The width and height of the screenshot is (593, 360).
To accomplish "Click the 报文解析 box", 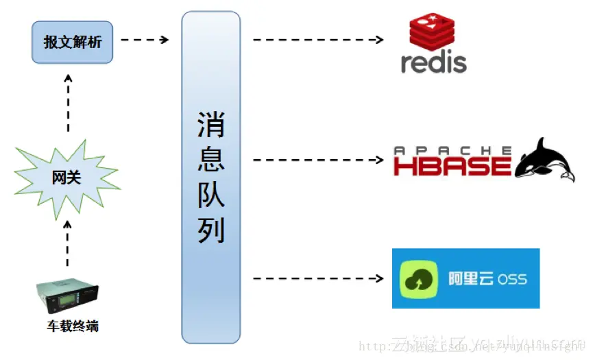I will tap(72, 43).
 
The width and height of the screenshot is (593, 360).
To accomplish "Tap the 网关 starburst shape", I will tap(67, 178).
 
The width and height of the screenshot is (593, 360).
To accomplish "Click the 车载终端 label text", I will tap(73, 326).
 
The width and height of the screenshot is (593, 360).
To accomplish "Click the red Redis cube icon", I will tap(433, 33).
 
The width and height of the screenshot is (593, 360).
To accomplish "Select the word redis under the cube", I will tap(434, 63).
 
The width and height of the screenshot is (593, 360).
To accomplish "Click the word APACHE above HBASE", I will tap(453, 150).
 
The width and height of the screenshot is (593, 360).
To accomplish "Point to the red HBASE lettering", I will tap(452, 166).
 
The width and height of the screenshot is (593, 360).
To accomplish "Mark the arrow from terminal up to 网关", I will tap(67, 243).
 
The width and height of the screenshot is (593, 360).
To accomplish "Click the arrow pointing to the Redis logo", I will tap(317, 40).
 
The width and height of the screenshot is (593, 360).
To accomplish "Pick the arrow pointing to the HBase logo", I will tap(317, 160).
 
